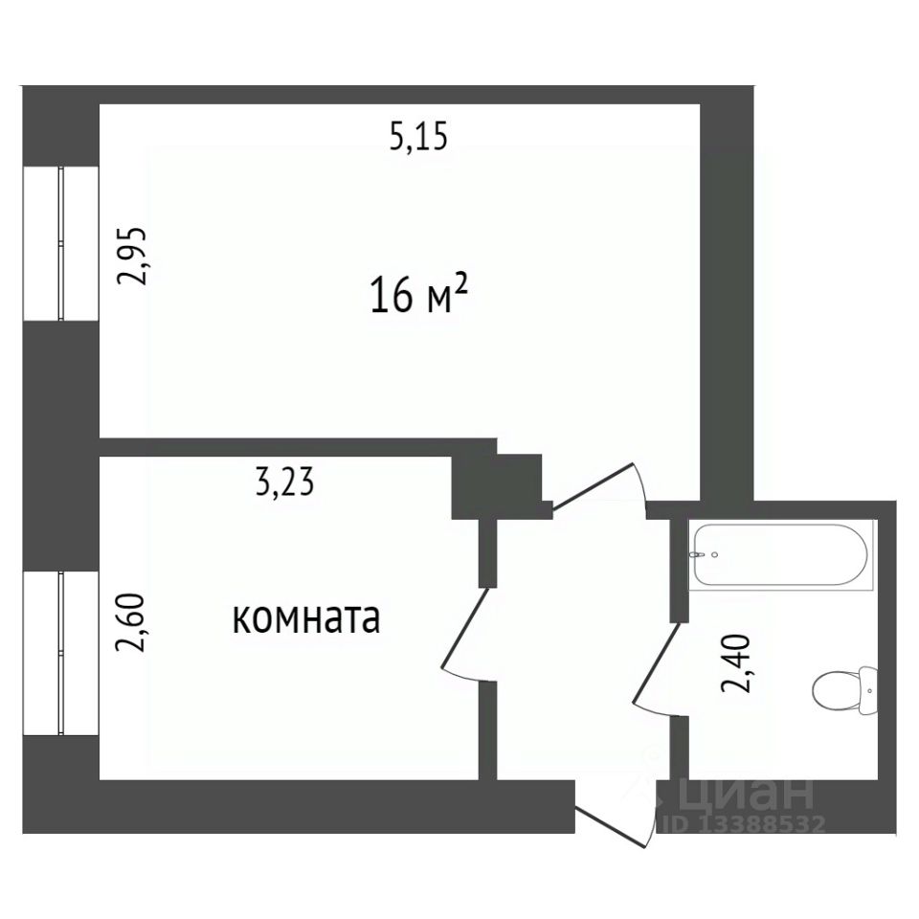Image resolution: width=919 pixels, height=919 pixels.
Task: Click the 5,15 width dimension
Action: click(x=418, y=137)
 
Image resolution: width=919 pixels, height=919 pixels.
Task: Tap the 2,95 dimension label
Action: click(x=131, y=255)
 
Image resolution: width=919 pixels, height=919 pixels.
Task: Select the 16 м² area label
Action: click(x=419, y=295)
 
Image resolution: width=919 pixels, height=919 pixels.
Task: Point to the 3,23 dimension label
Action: click(x=285, y=482)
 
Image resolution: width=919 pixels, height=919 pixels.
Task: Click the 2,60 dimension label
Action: click(x=130, y=623)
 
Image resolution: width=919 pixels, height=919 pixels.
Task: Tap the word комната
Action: click(x=306, y=619)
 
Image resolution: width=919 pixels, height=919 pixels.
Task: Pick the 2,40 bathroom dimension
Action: click(x=735, y=662)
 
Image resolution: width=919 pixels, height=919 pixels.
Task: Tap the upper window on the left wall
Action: click(x=61, y=243)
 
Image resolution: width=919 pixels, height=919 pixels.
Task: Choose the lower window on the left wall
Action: click(x=61, y=654)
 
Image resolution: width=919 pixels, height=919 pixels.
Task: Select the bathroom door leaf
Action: click(x=657, y=667)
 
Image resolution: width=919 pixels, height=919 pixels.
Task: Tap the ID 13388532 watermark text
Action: click(x=745, y=824)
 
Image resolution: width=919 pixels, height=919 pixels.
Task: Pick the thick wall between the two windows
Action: click(x=61, y=446)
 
